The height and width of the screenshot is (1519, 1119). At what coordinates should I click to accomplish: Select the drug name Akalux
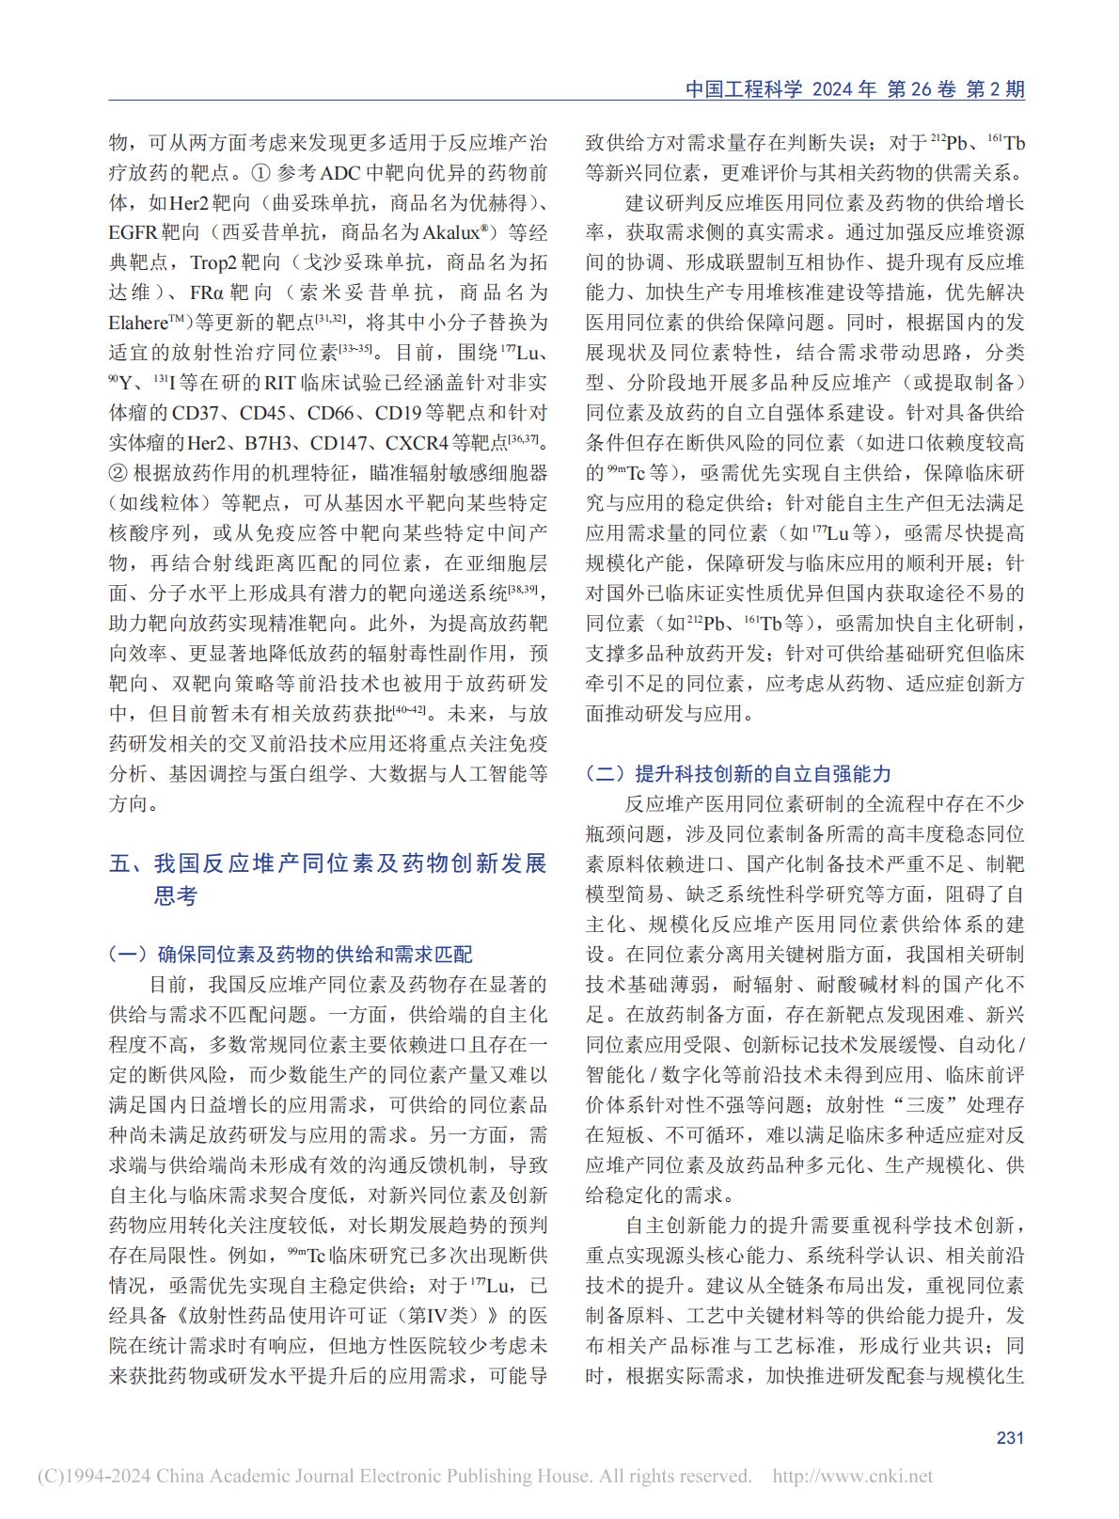pos(435,233)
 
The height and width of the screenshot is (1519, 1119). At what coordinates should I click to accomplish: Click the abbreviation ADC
pos(349,175)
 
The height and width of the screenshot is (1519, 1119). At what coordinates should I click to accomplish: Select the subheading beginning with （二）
pos(737,773)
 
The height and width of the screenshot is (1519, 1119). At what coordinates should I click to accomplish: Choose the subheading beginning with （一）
pos(291,954)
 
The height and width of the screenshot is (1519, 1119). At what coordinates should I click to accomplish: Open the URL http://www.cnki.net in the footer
pos(852,1477)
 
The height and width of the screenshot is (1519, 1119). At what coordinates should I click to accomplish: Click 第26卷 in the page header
pos(921,89)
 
